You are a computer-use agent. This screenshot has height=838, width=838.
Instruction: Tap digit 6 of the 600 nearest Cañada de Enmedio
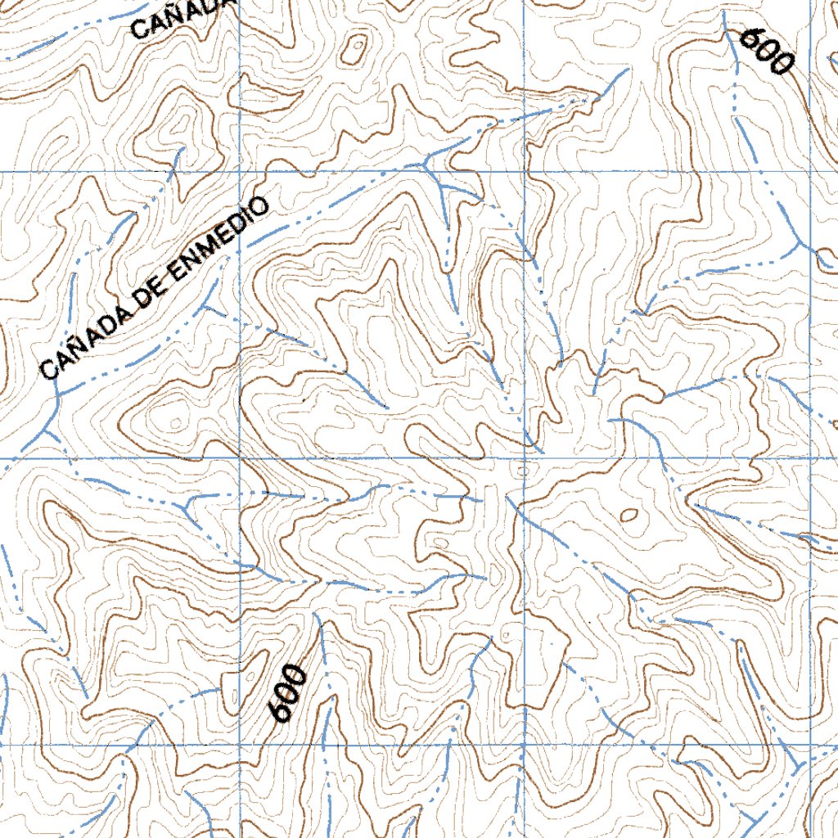(282, 712)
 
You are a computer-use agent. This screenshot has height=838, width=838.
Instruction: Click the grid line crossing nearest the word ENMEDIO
(239, 171)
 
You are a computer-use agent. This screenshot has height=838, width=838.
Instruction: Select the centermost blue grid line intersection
(524, 458)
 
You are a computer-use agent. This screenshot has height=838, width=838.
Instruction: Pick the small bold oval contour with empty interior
(628, 515)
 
